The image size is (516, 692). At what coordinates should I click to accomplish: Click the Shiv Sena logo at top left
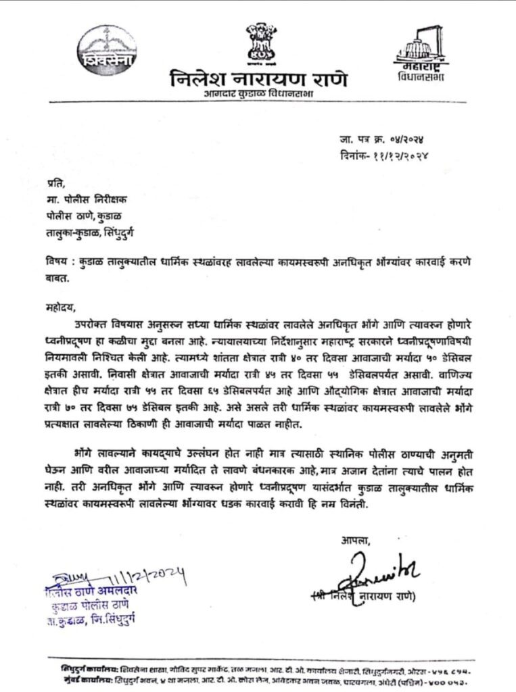point(107,51)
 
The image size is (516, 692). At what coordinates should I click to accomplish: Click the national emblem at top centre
point(257,43)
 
